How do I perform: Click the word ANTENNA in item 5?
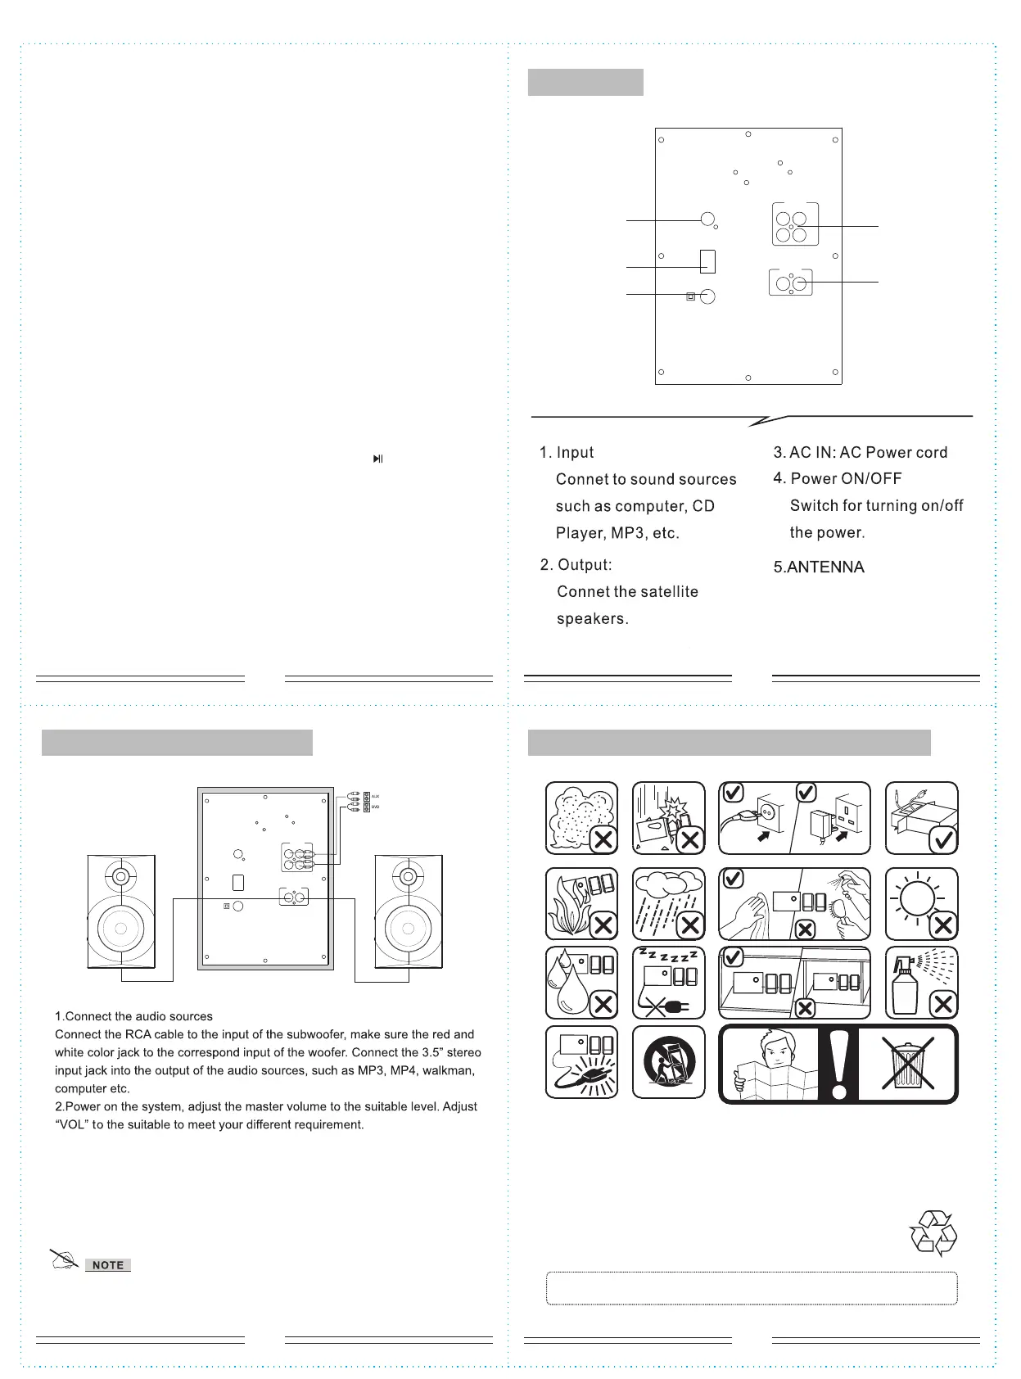[825, 567]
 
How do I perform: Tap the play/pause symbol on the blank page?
[377, 459]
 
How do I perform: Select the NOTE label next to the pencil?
[108, 1265]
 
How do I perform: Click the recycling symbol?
[933, 1233]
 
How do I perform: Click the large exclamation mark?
[838, 1064]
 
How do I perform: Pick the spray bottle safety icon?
[921, 983]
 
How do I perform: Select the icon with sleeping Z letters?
[668, 983]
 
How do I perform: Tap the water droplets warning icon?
[581, 983]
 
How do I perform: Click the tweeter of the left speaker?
[120, 876]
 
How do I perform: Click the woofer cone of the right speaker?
[408, 929]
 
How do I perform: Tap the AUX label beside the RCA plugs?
[376, 796]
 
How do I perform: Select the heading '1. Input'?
[567, 453]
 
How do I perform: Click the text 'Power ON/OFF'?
[846, 479]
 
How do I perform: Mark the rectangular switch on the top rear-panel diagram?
[708, 260]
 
